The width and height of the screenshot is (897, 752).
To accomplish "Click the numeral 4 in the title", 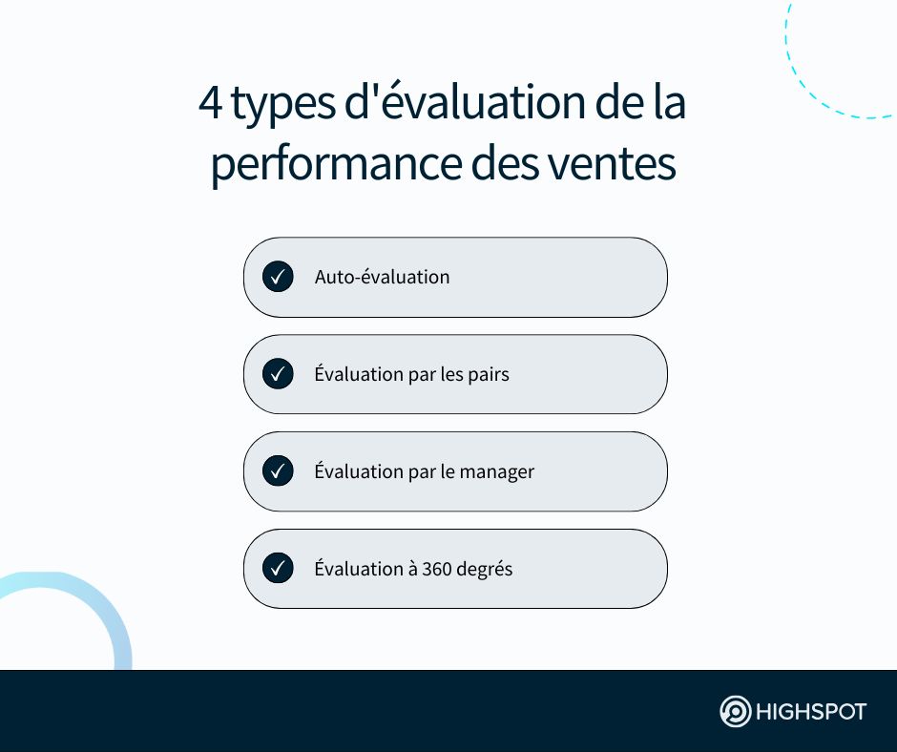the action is pyautogui.click(x=211, y=103).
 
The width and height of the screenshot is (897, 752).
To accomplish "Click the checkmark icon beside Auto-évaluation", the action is pyautogui.click(x=278, y=277).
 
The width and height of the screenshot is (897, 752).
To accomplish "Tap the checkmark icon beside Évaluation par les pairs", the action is pyautogui.click(x=278, y=374).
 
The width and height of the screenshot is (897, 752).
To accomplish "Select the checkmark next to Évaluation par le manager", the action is pyautogui.click(x=278, y=471).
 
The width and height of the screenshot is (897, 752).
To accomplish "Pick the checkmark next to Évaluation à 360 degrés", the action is pyautogui.click(x=278, y=568).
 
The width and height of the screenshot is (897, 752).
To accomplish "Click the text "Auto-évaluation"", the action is pyautogui.click(x=382, y=277).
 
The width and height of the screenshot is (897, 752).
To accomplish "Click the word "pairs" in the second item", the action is pyautogui.click(x=489, y=375).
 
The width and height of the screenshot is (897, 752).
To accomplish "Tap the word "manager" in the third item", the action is pyautogui.click(x=496, y=472).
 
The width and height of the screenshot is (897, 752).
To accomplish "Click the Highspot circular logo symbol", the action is pyautogui.click(x=735, y=711).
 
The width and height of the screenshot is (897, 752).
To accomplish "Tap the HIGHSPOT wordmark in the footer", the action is pyautogui.click(x=811, y=712).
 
